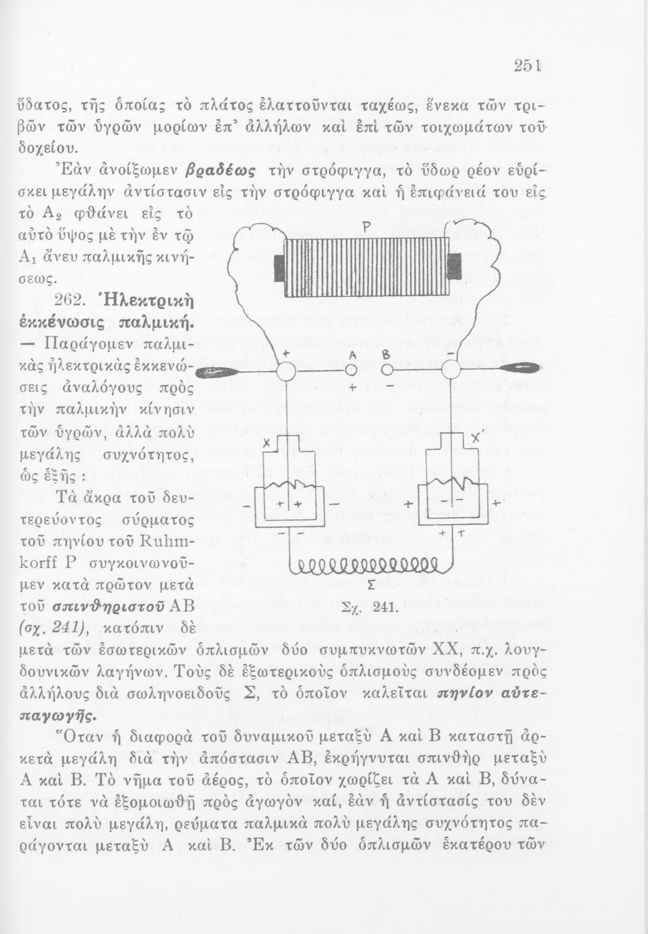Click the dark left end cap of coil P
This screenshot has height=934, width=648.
pos(275,265)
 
